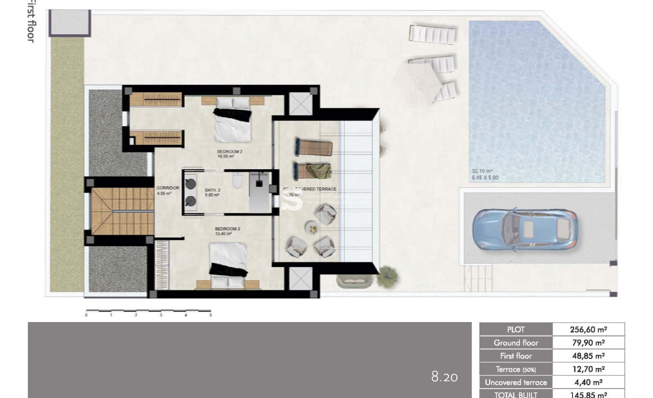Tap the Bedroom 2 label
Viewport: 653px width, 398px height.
(229, 152)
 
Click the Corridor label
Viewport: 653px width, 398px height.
(164, 189)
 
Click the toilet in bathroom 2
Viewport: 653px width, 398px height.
(237, 181)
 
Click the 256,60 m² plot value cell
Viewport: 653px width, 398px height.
(588, 329)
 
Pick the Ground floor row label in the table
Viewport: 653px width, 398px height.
(515, 342)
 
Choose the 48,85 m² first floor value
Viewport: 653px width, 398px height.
(588, 356)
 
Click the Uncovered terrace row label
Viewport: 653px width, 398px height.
(515, 382)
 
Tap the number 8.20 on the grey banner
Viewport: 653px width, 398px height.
(444, 377)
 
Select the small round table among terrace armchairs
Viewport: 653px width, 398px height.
(313, 228)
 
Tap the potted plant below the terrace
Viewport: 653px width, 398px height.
(387, 275)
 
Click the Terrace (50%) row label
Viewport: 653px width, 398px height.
(515, 369)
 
